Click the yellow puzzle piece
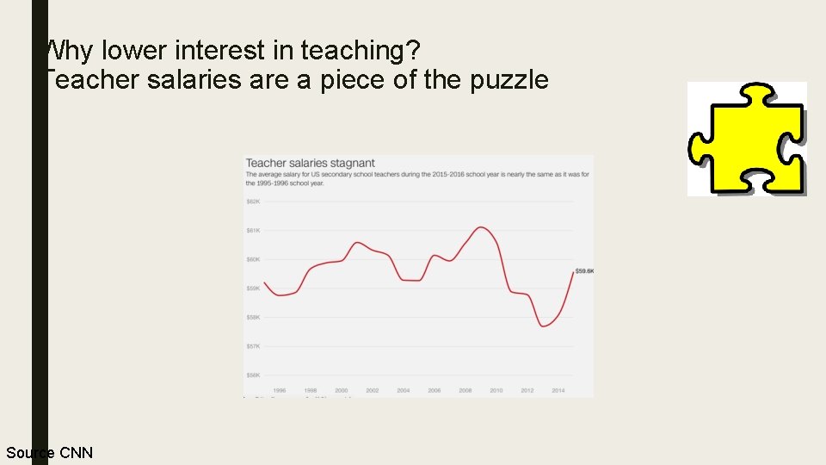747,139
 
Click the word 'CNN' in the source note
75,453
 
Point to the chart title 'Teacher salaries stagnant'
311,163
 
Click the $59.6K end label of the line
584,271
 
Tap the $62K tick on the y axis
253,201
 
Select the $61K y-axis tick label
253,230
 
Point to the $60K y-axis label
253,259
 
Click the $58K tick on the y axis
253,317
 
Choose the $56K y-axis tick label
253,375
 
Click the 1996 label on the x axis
280,390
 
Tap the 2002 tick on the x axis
372,390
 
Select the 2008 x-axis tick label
465,390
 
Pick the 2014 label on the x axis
558,390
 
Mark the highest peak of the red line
482,227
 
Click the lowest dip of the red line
544,326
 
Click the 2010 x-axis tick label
496,390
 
